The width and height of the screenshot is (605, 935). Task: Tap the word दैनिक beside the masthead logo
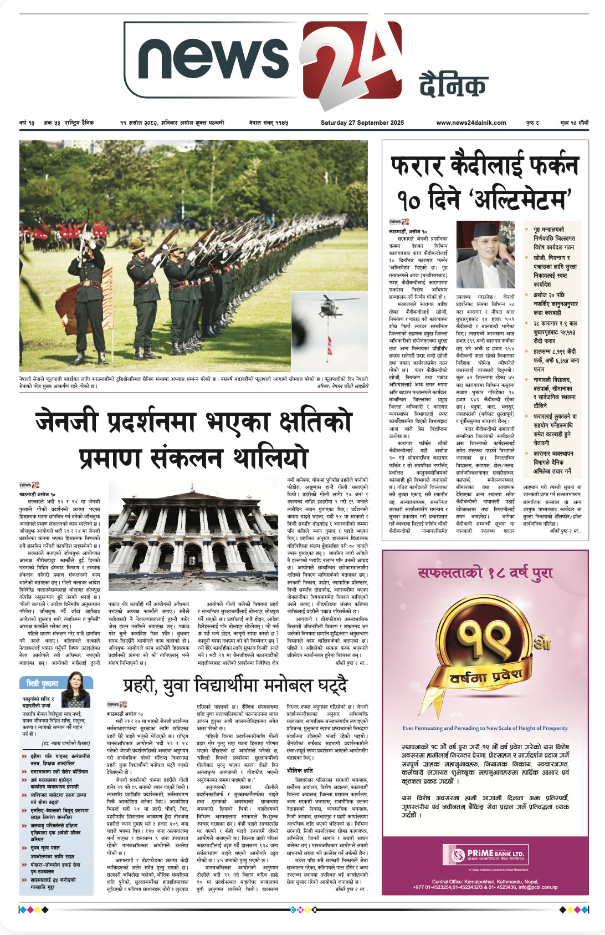[453, 85]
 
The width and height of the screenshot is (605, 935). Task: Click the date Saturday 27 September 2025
[362, 123]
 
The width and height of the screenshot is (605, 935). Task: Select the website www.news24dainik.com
[471, 123]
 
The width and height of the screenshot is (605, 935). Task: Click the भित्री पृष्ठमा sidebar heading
[43, 683]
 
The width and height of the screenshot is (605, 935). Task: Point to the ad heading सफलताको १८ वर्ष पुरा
[485, 573]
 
